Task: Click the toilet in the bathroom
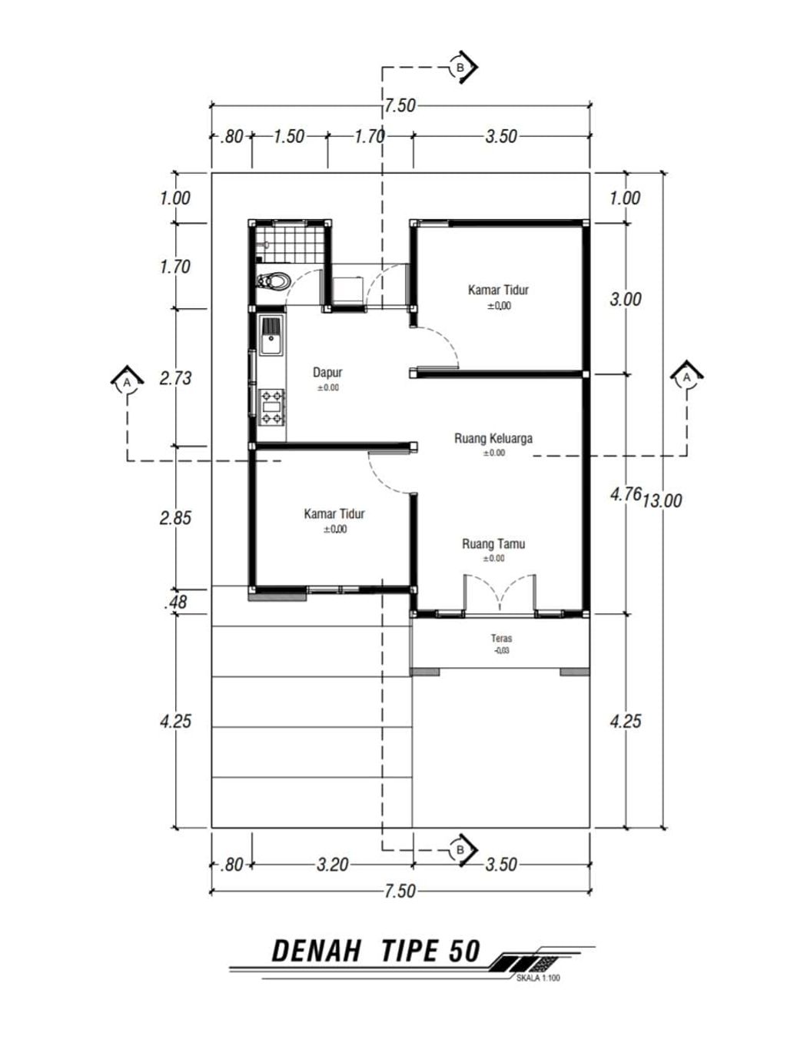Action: tap(273, 281)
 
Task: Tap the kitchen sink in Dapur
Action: tap(271, 336)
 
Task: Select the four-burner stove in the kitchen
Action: tap(271, 407)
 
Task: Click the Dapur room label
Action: tap(327, 372)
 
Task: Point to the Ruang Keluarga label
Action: tap(493, 438)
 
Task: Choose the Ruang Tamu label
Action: tap(493, 544)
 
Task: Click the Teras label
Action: tap(502, 638)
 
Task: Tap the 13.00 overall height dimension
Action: tap(662, 501)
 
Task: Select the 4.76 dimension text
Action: tap(626, 494)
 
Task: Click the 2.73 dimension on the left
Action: tap(175, 378)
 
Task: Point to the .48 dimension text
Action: tap(175, 603)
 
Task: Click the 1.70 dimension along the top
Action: tap(370, 137)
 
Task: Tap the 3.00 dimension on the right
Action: tap(626, 299)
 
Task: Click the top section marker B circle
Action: tap(460, 68)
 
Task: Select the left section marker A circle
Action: tap(127, 383)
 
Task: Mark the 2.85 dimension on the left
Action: tap(175, 518)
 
